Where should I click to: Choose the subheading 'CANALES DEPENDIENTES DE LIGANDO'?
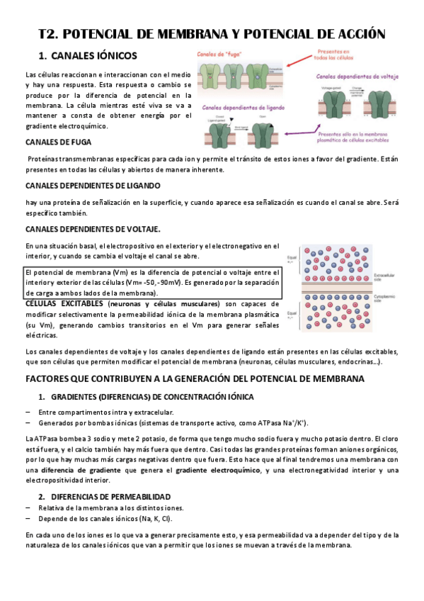pos(93,186)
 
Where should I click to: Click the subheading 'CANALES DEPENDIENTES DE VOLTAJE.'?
pos(93,228)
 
